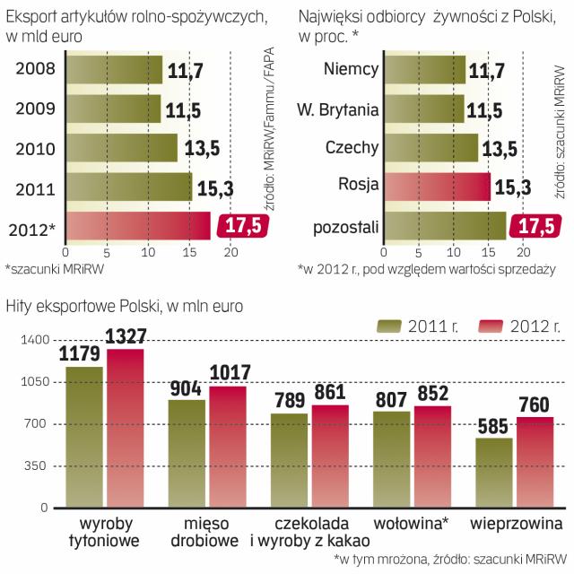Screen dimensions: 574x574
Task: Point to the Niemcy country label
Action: point(351,68)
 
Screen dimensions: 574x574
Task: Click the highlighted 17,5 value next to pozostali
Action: point(535,227)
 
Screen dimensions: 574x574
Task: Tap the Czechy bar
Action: point(431,147)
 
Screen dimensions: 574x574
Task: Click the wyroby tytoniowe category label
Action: point(104,532)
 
